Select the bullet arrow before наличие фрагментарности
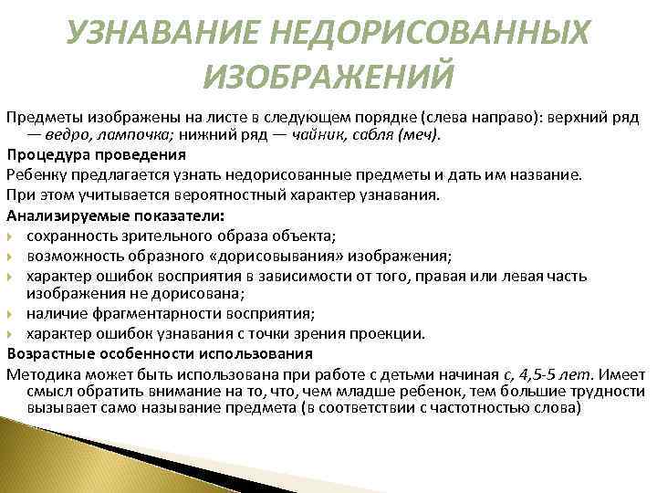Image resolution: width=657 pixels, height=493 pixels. tap(11, 313)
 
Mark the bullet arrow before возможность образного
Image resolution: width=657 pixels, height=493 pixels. tap(11, 255)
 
